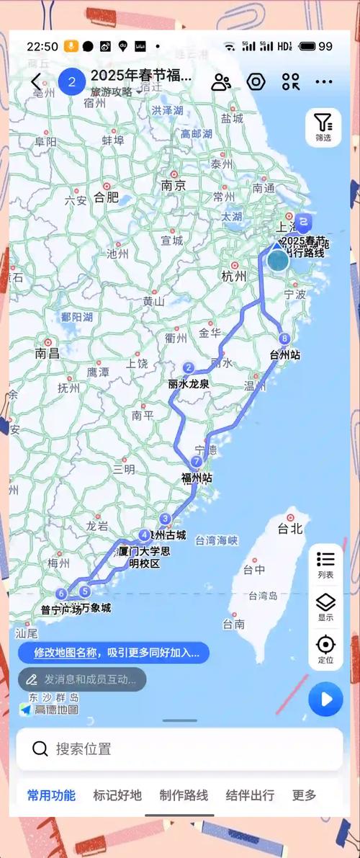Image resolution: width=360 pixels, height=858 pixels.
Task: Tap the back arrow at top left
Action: coord(36,82)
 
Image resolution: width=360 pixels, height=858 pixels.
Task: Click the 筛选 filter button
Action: coord(323,128)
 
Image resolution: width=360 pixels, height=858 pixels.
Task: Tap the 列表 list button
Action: coord(325,564)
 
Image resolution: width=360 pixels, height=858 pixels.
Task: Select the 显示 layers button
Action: coord(325,607)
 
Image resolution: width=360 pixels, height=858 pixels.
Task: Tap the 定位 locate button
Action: coord(325,649)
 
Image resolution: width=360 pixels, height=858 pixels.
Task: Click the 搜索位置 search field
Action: coord(180,748)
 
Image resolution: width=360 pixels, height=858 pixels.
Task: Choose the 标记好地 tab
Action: coord(117,795)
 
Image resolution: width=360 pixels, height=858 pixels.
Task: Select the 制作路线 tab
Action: coord(184,795)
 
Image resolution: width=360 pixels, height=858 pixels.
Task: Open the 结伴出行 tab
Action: coord(250,795)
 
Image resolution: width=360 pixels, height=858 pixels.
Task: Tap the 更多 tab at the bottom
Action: coord(304,795)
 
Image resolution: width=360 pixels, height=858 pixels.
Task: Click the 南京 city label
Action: coord(174,185)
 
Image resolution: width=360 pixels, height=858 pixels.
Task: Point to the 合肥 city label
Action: coord(106,197)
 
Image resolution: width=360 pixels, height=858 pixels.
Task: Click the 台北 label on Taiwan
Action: coord(290,528)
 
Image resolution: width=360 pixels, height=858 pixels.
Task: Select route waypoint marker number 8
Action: coord(285,339)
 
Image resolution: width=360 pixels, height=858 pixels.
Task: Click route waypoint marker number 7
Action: coord(196,461)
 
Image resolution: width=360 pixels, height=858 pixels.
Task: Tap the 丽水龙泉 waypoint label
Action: coord(189,384)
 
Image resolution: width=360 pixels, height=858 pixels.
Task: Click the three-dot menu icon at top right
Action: coord(324,82)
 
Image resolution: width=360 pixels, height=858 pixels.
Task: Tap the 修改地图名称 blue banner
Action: coord(114,653)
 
